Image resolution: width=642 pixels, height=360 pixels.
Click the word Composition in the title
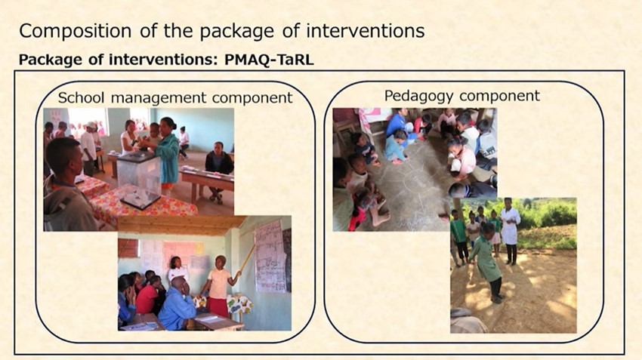tap(76, 31)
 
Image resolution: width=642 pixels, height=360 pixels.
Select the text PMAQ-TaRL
tap(269, 60)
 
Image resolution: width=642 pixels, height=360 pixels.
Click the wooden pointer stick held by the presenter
tap(247, 259)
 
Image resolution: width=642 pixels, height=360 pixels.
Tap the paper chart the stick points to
tap(270, 256)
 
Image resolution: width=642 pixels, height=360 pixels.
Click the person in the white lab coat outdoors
tap(510, 230)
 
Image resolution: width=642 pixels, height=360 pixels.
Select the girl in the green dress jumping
tap(488, 261)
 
